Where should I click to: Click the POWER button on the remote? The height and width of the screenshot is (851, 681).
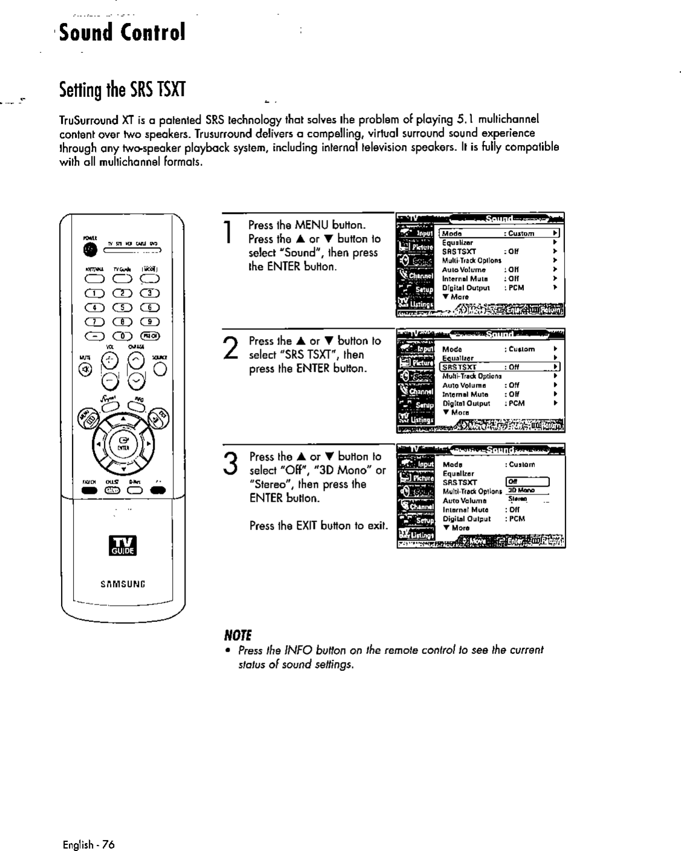89,250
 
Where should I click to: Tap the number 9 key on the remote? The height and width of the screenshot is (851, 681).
149,322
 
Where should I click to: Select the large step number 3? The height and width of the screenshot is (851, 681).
230,464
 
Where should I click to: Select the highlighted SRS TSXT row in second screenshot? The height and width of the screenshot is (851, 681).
500,367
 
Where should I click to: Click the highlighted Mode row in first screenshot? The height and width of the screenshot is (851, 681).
500,233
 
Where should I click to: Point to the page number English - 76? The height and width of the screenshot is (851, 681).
88,844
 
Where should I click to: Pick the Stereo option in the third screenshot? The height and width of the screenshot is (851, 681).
518,499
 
